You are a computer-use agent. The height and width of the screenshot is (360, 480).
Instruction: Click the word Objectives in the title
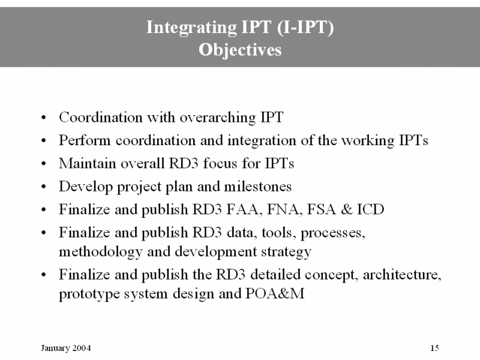(240, 50)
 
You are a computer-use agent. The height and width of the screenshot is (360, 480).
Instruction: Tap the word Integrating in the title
(191, 28)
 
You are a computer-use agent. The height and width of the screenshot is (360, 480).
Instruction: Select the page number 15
(434, 348)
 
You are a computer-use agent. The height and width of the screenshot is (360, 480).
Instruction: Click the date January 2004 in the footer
(66, 348)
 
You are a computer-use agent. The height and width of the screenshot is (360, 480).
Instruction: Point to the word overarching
(218, 118)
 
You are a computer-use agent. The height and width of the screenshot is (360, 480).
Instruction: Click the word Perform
(85, 140)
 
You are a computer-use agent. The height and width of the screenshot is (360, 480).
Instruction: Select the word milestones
(258, 187)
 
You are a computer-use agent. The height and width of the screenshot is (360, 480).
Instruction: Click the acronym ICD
(370, 209)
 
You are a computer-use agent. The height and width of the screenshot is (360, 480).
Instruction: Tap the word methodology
(100, 252)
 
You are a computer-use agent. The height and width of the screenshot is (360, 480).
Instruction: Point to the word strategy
(286, 252)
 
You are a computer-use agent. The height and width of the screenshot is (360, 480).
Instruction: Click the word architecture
(402, 275)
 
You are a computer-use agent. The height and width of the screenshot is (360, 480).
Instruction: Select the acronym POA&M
(275, 293)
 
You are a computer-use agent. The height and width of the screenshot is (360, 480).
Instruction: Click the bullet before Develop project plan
(44, 187)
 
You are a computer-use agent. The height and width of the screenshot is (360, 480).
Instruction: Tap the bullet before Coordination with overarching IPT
(44, 118)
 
